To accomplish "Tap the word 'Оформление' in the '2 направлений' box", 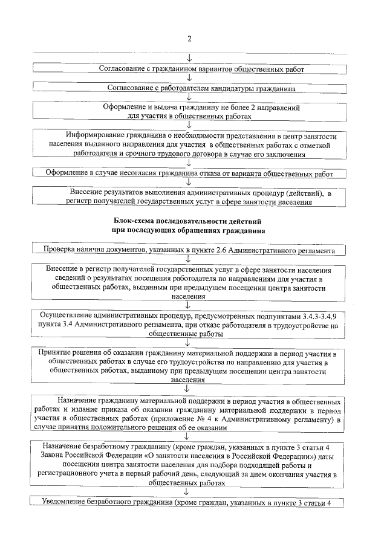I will pyautogui.click(x=126, y=106).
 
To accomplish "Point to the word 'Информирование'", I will pyautogui.click(x=96, y=135).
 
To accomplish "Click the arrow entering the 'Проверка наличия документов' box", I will pyautogui.click(x=189, y=241).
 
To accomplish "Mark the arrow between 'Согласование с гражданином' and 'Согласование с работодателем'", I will pyautogui.click(x=189, y=78).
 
